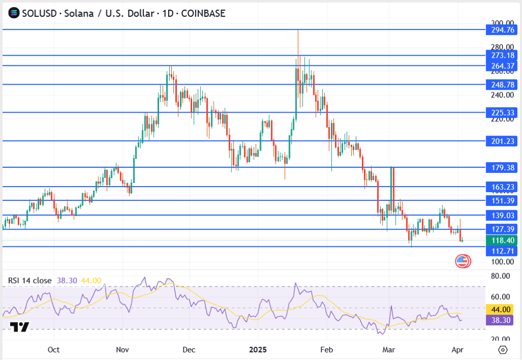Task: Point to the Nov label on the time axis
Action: tap(122, 350)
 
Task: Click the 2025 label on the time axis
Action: tap(257, 350)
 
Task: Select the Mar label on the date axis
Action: tap(389, 350)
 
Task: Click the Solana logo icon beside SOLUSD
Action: tap(13, 13)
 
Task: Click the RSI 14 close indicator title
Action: tap(30, 280)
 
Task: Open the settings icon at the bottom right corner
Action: tap(503, 350)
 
